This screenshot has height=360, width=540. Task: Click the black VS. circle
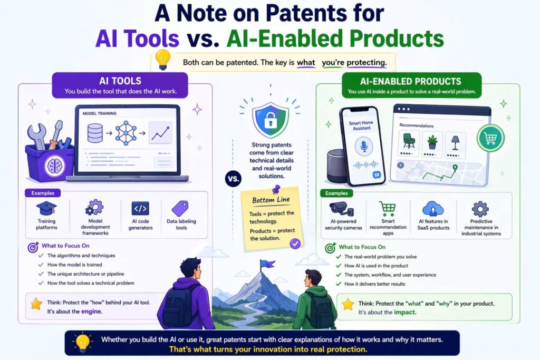233,178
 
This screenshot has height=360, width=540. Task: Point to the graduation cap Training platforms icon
46,208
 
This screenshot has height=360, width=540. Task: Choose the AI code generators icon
140,208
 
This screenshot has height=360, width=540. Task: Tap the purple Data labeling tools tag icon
180,208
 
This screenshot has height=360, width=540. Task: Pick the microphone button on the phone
362,145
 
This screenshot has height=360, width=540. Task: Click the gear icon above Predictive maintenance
480,209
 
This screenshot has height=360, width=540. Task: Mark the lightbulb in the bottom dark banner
83,342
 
